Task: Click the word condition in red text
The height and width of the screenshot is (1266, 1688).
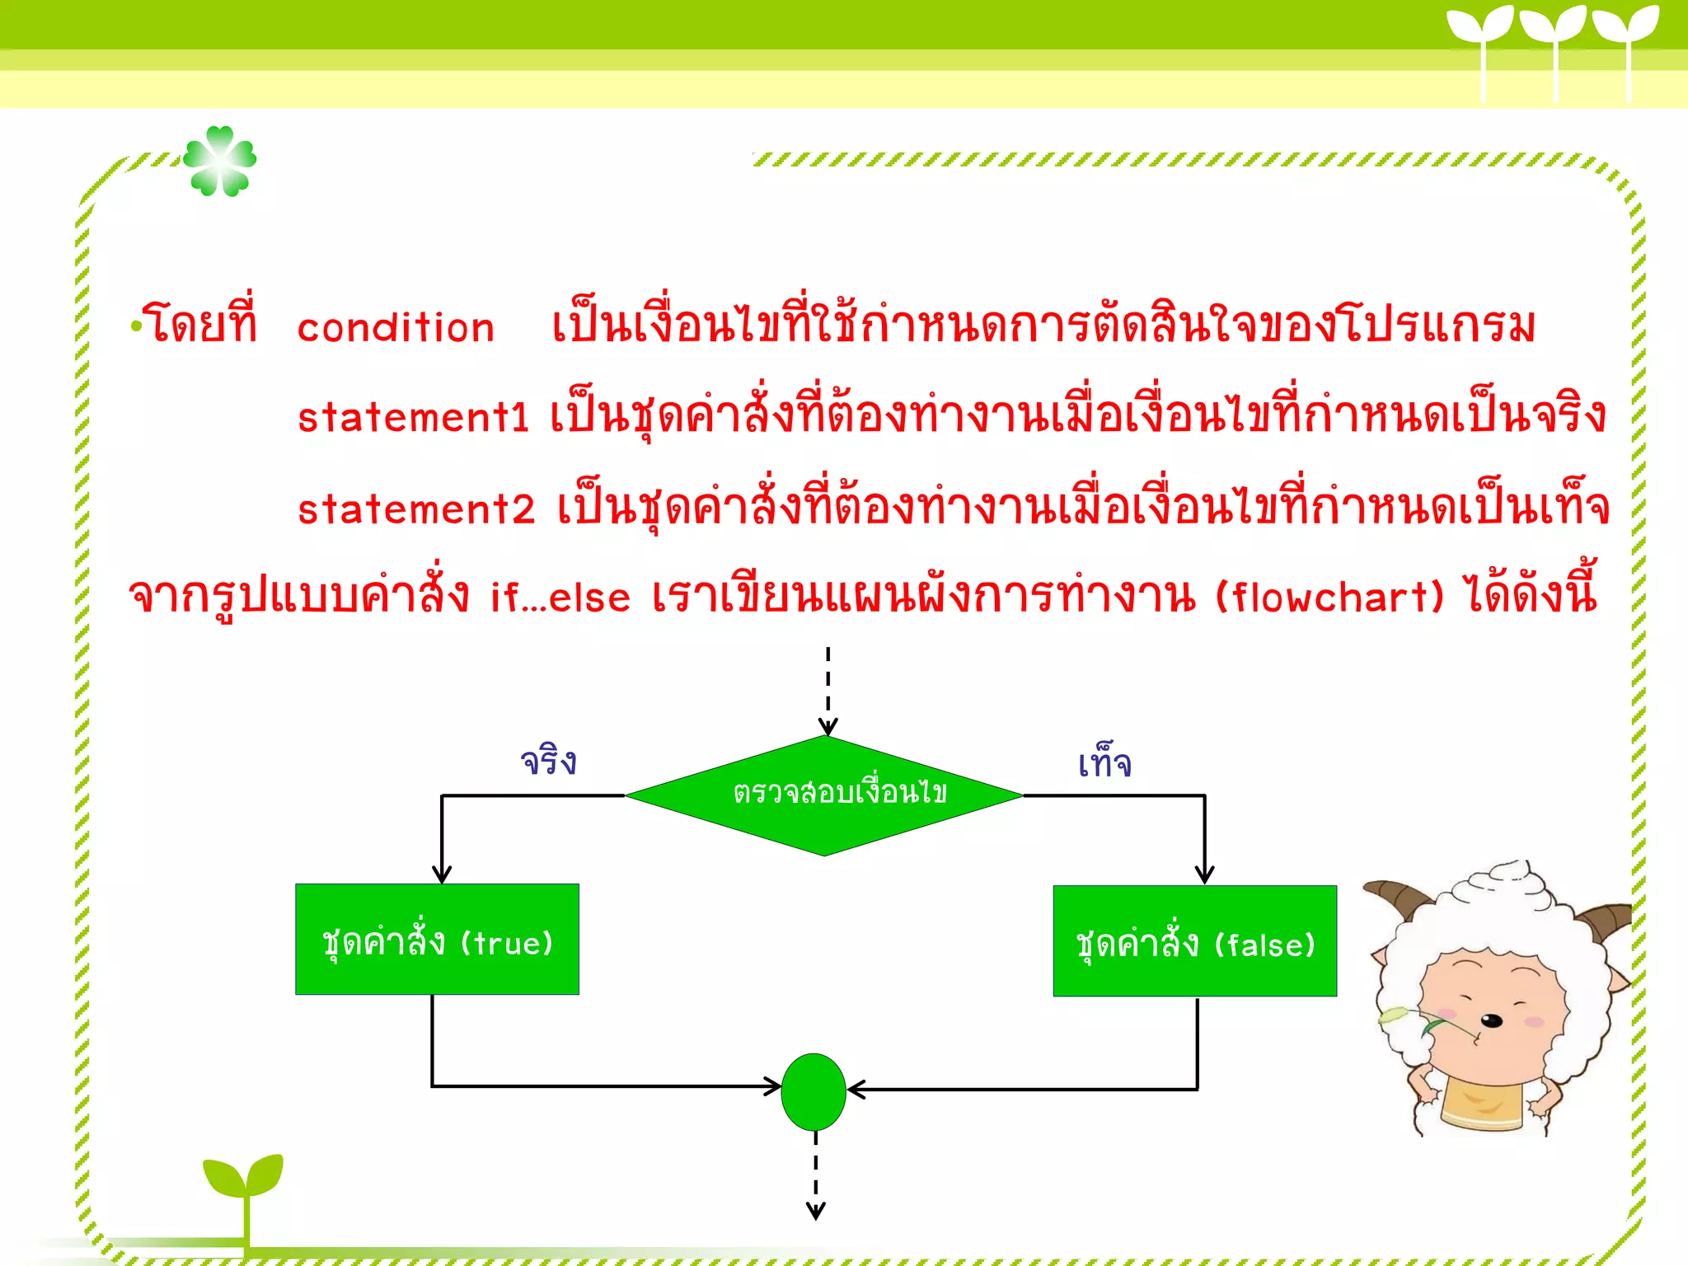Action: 396,328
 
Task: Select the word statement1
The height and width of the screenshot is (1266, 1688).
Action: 412,418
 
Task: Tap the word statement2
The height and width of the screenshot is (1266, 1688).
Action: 416,509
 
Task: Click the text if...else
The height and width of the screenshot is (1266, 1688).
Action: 560,598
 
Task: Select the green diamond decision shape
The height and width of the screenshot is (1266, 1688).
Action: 824,795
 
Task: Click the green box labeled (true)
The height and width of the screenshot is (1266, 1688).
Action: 437,940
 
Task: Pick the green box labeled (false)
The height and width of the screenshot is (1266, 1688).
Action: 1194,941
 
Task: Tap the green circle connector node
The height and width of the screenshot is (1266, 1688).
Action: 814,1091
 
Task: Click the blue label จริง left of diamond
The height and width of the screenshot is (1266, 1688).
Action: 548,761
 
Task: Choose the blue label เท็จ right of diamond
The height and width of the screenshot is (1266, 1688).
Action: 1104,762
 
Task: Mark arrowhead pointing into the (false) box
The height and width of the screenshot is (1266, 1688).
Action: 1204,875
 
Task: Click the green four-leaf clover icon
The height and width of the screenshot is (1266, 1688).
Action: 220,162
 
